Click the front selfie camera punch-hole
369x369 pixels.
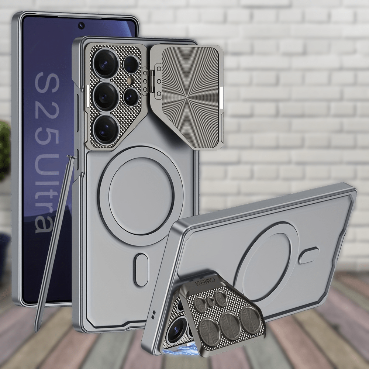[x=81, y=25]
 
